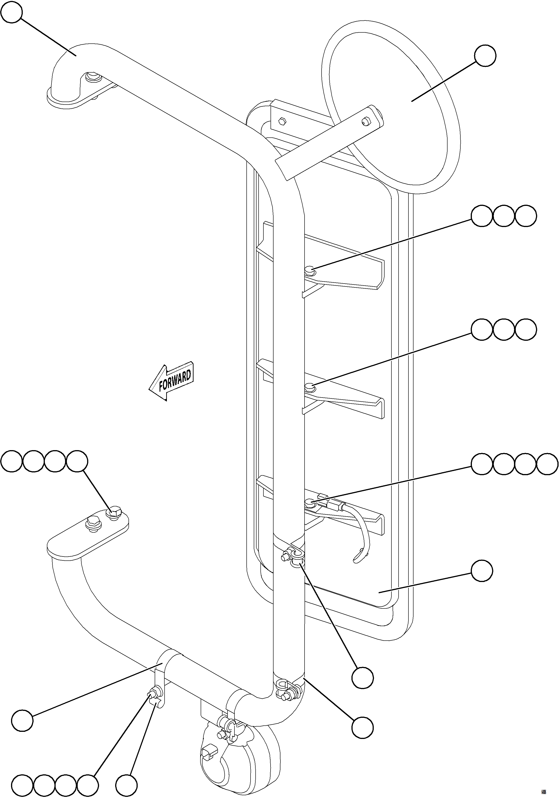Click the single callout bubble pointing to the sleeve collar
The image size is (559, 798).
pos(22,719)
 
